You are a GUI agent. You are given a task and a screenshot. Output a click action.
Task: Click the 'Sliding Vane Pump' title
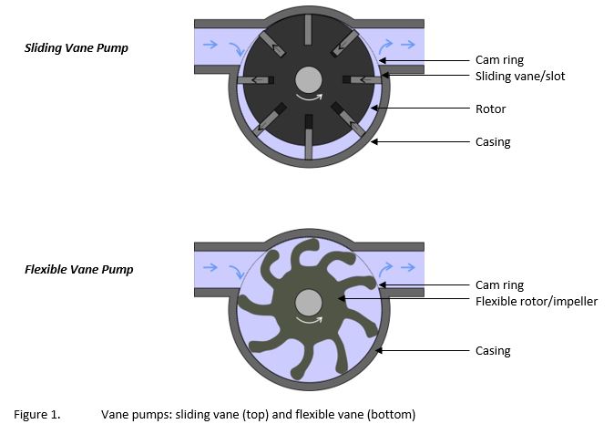(x=76, y=47)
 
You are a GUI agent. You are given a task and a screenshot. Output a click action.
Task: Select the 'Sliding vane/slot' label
(x=520, y=76)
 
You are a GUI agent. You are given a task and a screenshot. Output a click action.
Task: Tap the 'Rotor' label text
(x=490, y=109)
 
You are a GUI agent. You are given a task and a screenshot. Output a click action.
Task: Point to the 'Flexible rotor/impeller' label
(x=537, y=301)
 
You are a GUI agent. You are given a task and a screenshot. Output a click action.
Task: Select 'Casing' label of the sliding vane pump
(x=493, y=141)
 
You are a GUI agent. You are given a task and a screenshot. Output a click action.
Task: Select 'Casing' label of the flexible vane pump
(x=493, y=350)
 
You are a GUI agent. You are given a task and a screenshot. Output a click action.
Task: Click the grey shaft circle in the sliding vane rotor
(x=309, y=78)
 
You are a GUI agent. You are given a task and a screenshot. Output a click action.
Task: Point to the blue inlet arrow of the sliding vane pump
(x=210, y=44)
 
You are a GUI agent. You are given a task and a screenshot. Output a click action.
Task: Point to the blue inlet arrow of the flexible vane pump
(x=210, y=268)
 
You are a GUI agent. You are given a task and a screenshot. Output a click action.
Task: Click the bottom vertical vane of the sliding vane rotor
(x=310, y=142)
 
